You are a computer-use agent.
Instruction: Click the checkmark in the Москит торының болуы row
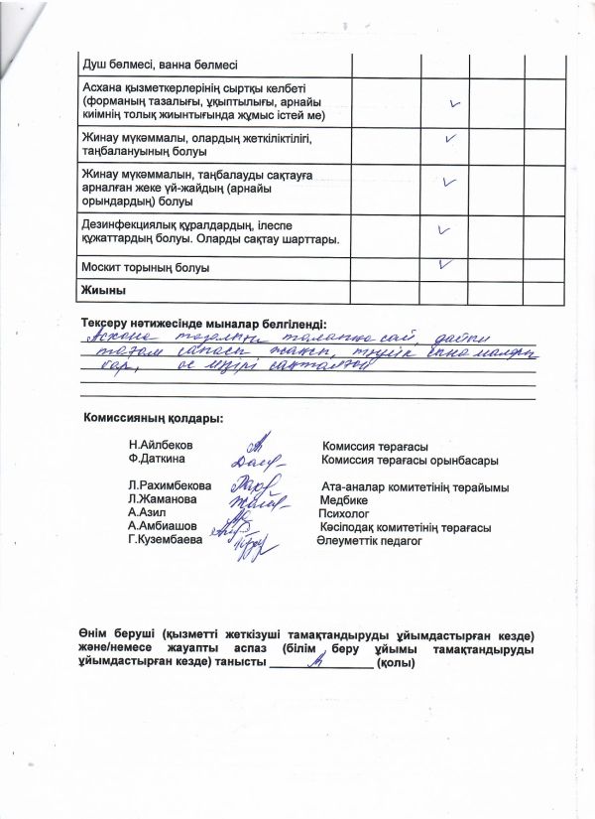447,264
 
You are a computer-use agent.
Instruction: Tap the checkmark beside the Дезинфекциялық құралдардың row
444,230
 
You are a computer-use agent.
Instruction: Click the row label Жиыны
103,290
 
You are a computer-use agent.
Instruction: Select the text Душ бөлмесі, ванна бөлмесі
160,66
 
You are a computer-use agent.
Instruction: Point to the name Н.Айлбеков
161,446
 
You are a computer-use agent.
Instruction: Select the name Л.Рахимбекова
170,486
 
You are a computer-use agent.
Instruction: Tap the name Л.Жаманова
162,499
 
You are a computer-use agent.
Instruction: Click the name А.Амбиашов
163,526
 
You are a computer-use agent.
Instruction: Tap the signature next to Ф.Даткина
259,461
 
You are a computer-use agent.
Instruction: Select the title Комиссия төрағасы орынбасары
410,461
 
